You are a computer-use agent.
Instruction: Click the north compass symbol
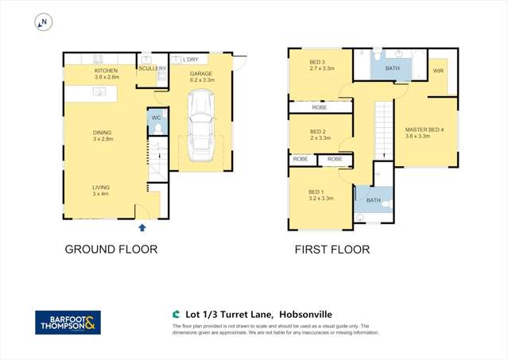pyautogui.click(x=41, y=23)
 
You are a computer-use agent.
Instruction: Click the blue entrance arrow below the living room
pyautogui.click(x=142, y=228)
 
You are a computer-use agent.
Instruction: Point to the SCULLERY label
pyautogui.click(x=152, y=68)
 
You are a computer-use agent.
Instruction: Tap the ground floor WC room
pyautogui.click(x=157, y=123)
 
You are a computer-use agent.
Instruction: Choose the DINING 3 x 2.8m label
pyautogui.click(x=102, y=137)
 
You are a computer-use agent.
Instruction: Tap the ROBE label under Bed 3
pyautogui.click(x=320, y=107)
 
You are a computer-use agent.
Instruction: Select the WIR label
pyautogui.click(x=438, y=72)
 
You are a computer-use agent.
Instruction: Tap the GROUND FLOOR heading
pyautogui.click(x=111, y=250)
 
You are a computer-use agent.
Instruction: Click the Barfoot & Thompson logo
pyautogui.click(x=68, y=322)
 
